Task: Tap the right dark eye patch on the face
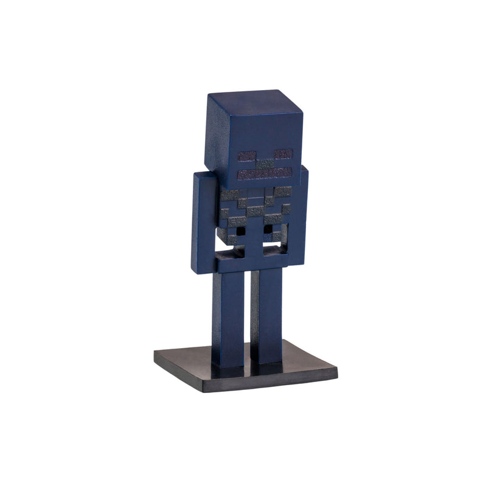[x=284, y=154]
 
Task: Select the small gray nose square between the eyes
[x=264, y=164]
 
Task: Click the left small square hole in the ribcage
[x=242, y=231]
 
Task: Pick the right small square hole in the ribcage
[x=267, y=229]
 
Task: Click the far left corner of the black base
[x=155, y=359]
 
